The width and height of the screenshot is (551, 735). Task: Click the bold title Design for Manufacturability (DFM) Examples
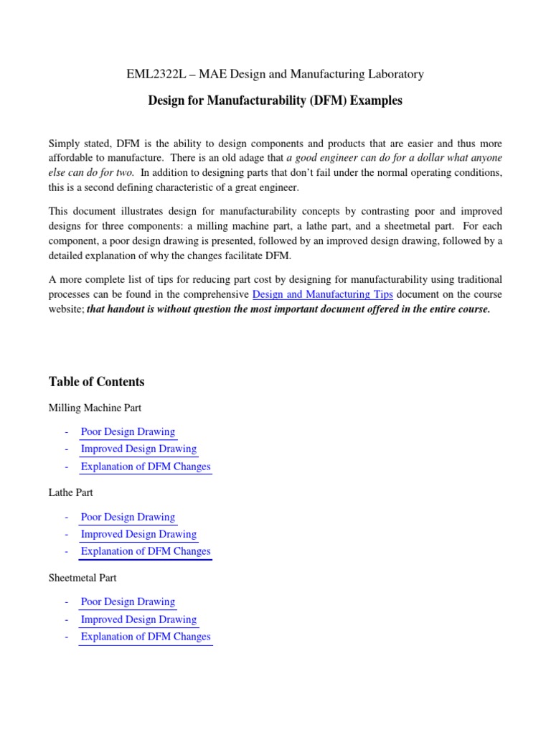[275, 101]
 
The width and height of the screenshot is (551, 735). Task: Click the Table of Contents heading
[96, 382]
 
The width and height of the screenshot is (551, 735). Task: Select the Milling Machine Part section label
[95, 408]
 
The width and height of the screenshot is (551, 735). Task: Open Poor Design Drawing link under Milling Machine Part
[128, 432]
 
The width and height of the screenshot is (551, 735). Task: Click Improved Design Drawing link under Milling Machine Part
[138, 449]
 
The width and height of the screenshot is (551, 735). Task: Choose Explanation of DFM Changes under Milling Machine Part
[146, 467]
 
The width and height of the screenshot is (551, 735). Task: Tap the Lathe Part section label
[70, 492]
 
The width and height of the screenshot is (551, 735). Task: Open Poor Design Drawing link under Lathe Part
[128, 517]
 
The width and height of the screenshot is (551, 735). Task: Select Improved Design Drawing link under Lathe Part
[138, 534]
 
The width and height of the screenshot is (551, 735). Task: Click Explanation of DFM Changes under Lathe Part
[146, 551]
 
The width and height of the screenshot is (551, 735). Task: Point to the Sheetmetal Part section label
[83, 577]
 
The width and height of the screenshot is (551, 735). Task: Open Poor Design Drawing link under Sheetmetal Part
[128, 601]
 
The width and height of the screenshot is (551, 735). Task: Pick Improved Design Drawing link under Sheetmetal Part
[138, 619]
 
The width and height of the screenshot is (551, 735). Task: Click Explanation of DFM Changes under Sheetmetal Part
[146, 637]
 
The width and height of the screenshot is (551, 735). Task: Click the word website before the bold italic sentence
[65, 309]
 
